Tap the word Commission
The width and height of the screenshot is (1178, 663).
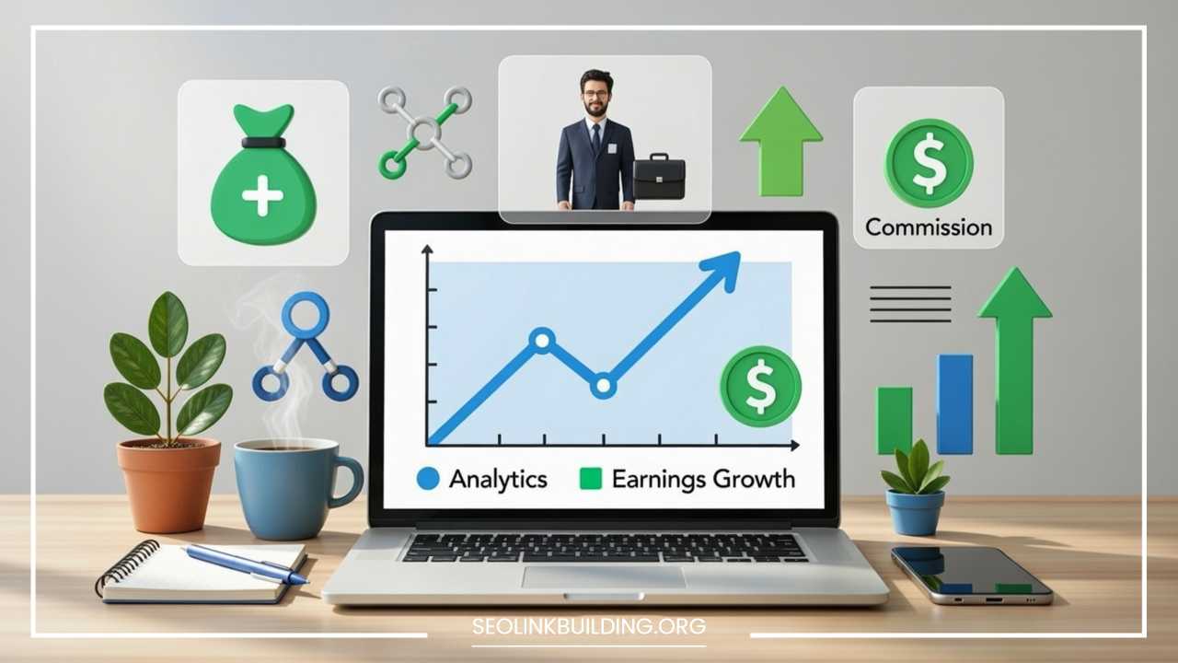click(929, 227)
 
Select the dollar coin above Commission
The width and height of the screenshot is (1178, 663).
click(929, 162)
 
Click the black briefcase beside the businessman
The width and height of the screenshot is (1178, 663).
click(659, 177)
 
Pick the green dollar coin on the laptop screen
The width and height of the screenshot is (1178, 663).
click(760, 386)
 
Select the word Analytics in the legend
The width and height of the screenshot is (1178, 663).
click(498, 479)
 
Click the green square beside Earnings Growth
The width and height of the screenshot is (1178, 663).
click(589, 479)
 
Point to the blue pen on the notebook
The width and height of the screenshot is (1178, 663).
click(245, 564)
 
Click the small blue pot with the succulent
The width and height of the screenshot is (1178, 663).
click(915, 511)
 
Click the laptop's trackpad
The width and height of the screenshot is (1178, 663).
click(604, 577)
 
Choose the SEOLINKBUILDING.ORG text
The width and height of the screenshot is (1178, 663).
click(589, 627)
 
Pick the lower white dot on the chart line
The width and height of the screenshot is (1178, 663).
click(603, 385)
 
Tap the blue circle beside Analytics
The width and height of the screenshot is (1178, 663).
click(428, 479)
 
